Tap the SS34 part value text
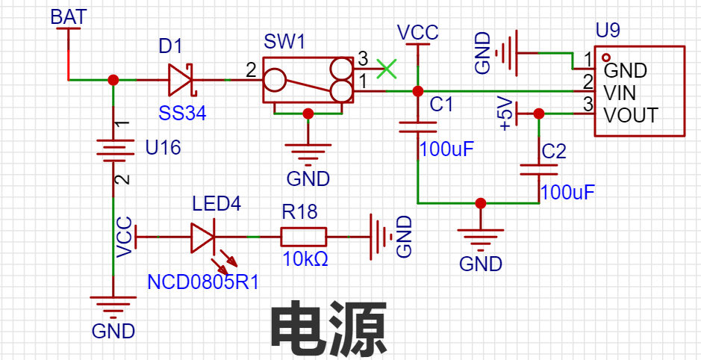pyautogui.click(x=182, y=114)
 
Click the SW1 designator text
pyautogui.click(x=284, y=43)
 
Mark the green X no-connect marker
pyautogui.click(x=386, y=69)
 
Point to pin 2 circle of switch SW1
pyautogui.click(x=274, y=79)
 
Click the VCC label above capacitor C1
pyautogui.click(x=418, y=33)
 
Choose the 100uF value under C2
pyautogui.click(x=567, y=192)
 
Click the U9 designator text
pyautogui.click(x=608, y=31)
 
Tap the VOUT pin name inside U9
pyautogui.click(x=631, y=116)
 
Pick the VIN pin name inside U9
pyautogui.click(x=620, y=93)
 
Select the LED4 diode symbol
pyautogui.click(x=204, y=238)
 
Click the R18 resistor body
pyautogui.click(x=303, y=238)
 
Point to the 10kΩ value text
pyautogui.click(x=305, y=259)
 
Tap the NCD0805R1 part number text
pyautogui.click(x=202, y=282)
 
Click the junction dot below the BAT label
pyautogui.click(x=113, y=79)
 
